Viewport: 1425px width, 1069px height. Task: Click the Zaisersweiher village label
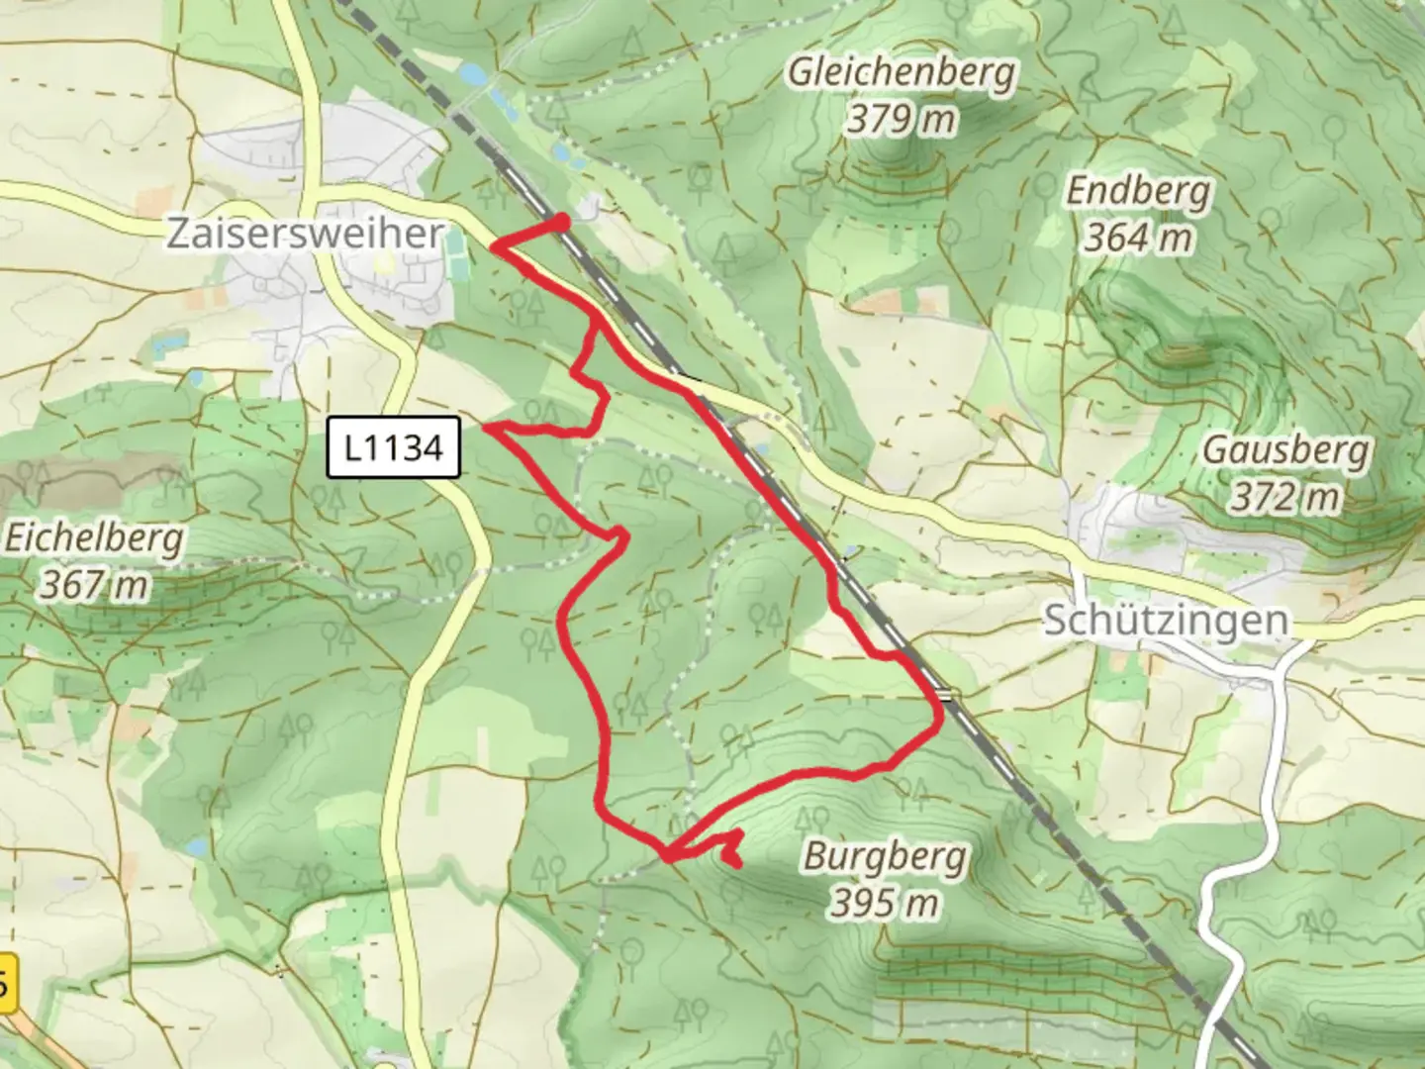[305, 234]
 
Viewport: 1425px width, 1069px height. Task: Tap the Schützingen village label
[1167, 621]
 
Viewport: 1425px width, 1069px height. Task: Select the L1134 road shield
[394, 447]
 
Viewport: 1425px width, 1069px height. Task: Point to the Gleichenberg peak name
[902, 72]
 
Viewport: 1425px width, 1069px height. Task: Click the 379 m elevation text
[902, 120]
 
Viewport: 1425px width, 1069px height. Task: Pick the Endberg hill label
[1138, 190]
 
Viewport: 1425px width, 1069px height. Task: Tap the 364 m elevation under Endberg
[1138, 238]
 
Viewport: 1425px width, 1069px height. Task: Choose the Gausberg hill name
[1285, 450]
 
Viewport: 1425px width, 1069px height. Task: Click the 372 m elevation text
[1285, 497]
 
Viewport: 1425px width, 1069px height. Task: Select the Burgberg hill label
[885, 855]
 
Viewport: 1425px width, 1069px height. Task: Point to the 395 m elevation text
[885, 902]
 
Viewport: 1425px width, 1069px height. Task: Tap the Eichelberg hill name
[94, 539]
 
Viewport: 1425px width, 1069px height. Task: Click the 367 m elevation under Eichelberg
[94, 585]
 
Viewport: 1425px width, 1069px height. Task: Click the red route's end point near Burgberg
[738, 864]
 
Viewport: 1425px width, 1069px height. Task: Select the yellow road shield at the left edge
[8, 983]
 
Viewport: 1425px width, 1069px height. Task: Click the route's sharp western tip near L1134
[486, 428]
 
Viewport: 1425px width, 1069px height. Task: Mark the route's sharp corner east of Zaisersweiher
[494, 247]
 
